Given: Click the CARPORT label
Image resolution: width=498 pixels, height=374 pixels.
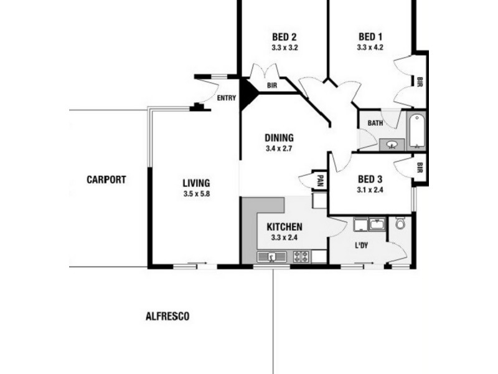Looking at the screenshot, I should [x=106, y=180].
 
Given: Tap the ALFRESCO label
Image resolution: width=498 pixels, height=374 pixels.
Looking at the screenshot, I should [x=167, y=316].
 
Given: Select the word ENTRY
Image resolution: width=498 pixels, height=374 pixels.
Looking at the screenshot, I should [x=227, y=98].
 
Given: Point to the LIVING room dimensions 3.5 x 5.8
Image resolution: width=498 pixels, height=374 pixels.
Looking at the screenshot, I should [x=196, y=194].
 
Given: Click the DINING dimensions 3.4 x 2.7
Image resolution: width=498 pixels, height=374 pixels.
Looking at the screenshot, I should [x=279, y=149].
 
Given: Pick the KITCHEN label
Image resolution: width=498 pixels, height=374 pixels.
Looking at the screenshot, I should [x=284, y=226].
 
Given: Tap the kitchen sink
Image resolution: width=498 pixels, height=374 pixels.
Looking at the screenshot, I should [x=272, y=256].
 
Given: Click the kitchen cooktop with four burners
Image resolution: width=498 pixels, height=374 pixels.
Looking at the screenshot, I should [x=301, y=256].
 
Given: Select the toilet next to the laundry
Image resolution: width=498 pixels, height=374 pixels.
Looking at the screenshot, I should [x=400, y=223].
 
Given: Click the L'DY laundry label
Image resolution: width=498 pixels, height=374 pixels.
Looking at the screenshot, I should [x=362, y=246].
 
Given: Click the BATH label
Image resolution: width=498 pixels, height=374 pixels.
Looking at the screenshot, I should [x=375, y=123].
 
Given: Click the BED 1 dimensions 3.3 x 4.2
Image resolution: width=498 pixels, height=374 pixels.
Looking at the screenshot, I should [x=370, y=47].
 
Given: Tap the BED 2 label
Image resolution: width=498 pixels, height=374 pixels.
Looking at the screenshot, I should [x=284, y=36].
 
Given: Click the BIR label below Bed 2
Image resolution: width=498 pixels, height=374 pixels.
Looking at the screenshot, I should [x=272, y=87].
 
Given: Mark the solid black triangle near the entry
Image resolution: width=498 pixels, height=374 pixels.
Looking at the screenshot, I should [x=248, y=93].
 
